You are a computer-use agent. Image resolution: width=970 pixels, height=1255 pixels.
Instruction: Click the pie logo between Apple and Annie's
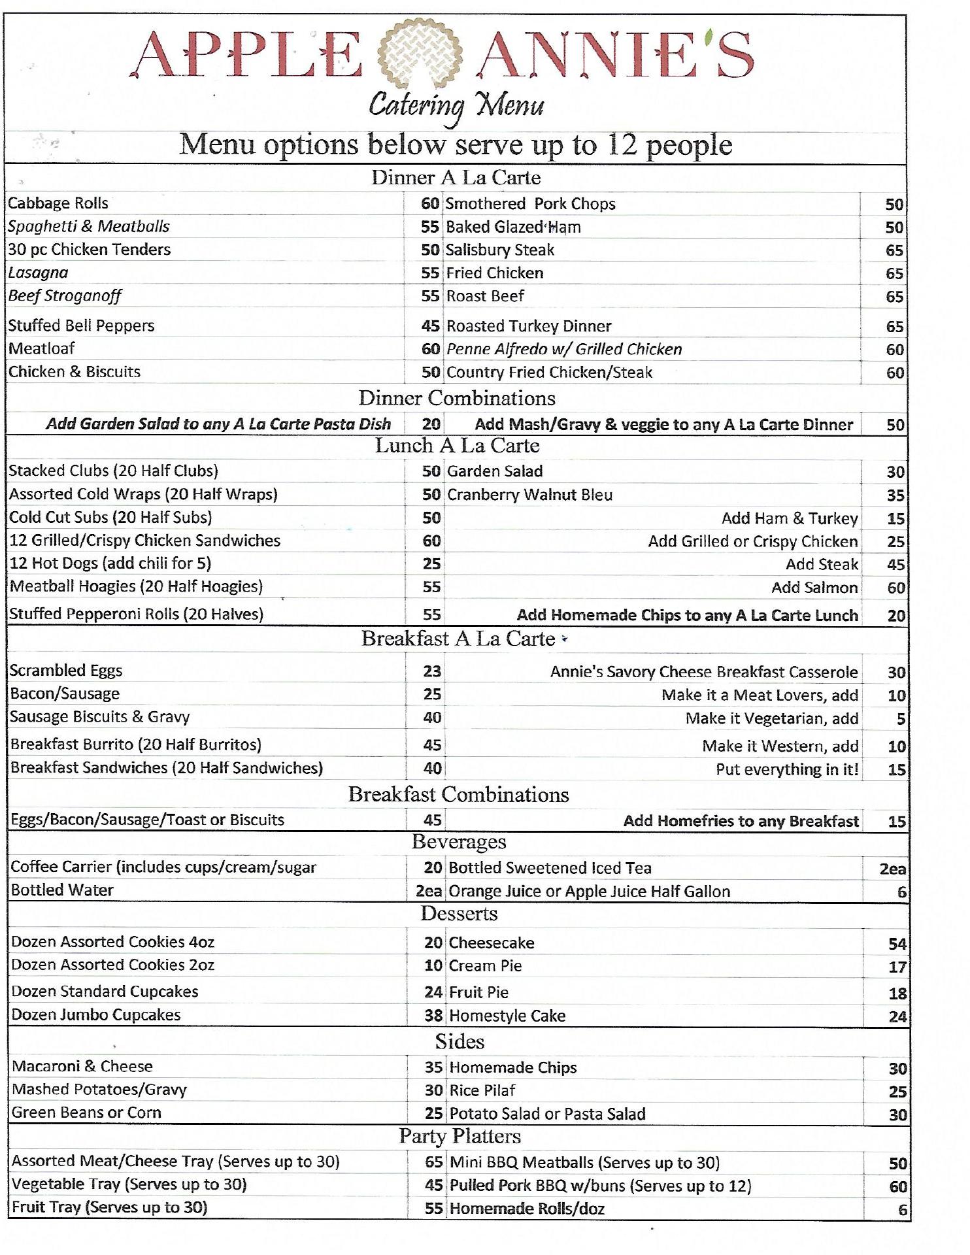[x=418, y=55]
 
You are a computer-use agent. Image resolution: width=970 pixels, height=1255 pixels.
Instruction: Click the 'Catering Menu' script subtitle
[x=456, y=106]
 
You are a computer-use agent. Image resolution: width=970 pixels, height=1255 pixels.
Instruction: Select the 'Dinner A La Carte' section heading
[x=456, y=178]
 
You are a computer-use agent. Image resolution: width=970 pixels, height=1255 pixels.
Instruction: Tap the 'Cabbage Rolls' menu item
[x=58, y=203]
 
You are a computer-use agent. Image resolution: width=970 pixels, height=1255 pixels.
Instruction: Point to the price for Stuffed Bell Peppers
[x=430, y=326]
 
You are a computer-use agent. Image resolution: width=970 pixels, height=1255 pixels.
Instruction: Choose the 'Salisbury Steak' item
[x=500, y=250]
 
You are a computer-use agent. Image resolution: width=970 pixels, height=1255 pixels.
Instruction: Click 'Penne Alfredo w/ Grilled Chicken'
[x=564, y=349]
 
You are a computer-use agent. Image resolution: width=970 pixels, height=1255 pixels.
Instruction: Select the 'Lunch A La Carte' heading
[x=457, y=446]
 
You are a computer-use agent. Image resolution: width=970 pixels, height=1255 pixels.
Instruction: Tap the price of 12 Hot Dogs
[x=431, y=563]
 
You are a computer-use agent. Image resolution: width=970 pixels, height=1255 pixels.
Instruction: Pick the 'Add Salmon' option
[x=814, y=588]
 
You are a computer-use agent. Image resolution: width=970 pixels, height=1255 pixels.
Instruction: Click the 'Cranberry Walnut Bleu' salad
[x=530, y=495]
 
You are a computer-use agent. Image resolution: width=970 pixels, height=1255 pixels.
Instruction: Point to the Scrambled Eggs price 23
[x=432, y=671]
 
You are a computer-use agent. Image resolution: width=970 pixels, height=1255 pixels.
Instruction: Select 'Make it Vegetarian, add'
[x=772, y=718]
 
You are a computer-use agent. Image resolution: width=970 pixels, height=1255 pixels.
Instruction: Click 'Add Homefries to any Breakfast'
[x=741, y=821]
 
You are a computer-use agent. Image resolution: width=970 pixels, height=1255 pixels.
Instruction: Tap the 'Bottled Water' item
[x=62, y=890]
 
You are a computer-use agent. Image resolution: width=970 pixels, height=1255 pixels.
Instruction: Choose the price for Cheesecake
[x=897, y=944]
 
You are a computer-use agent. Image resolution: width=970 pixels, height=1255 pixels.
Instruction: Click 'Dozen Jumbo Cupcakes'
[x=96, y=1015]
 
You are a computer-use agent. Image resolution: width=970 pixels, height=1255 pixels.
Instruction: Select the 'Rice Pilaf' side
[x=482, y=1090]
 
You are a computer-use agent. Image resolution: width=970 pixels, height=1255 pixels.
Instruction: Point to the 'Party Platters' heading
[x=460, y=1137]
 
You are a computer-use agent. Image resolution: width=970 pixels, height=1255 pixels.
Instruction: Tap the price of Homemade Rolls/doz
[x=902, y=1210]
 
